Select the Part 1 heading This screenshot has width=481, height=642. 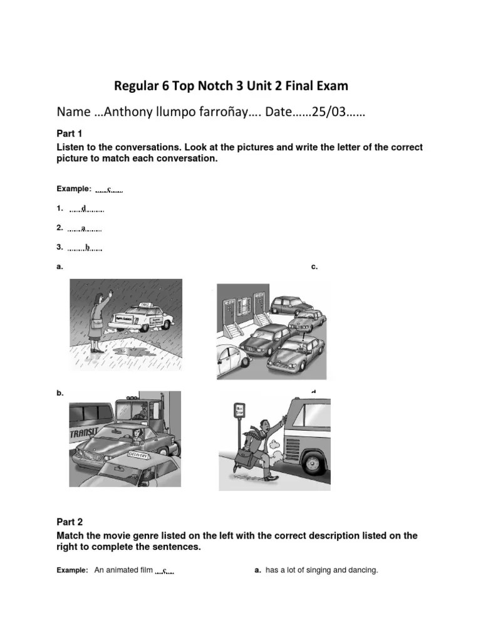pyautogui.click(x=70, y=134)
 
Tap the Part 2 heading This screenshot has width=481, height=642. pyautogui.click(x=70, y=522)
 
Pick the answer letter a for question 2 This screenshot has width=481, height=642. pyautogui.click(x=83, y=228)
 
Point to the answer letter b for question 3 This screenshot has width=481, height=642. pyautogui.click(x=87, y=248)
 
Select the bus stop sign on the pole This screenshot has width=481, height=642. pyautogui.click(x=238, y=411)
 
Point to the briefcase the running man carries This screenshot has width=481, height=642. pyautogui.click(x=240, y=465)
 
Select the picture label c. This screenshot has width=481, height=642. pyautogui.click(x=314, y=267)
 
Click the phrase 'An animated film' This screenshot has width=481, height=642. pyautogui.click(x=123, y=571)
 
